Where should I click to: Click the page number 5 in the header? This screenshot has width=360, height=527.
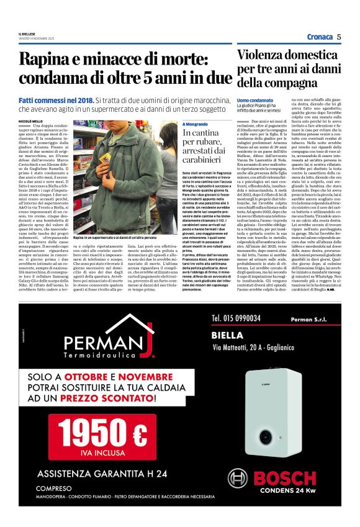click(x=340, y=37)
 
